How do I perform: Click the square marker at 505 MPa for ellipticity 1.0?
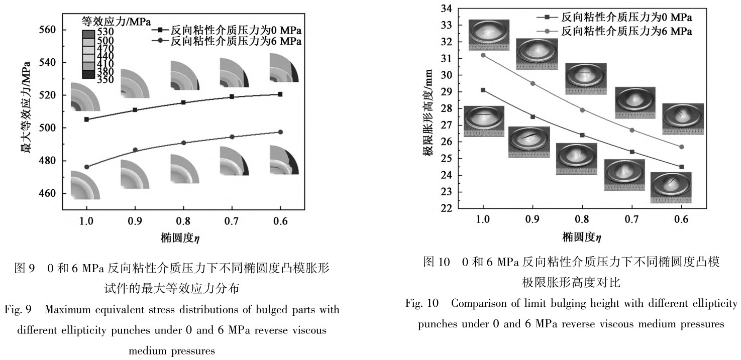(86, 119)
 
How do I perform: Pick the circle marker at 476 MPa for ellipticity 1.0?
(86, 167)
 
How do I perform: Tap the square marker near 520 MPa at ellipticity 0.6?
(280, 94)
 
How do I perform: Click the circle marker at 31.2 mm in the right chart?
(483, 55)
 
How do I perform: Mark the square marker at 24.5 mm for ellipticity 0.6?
(681, 167)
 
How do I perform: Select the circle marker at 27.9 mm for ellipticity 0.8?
(582, 110)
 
